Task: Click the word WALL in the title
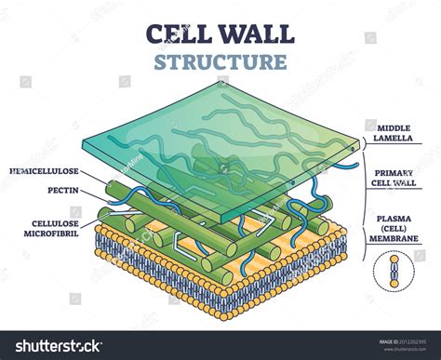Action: [x=261, y=34]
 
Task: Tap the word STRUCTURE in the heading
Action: [x=220, y=63]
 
